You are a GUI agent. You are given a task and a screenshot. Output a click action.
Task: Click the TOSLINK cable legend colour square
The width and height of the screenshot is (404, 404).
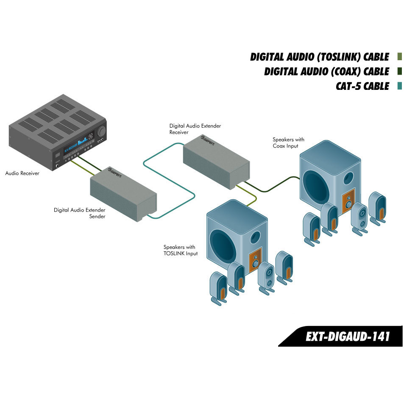[x=399, y=57]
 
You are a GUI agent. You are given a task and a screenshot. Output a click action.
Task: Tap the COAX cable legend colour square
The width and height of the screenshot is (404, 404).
[x=399, y=71]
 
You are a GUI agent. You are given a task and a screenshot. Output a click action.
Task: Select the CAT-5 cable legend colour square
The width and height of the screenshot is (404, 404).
[x=399, y=86]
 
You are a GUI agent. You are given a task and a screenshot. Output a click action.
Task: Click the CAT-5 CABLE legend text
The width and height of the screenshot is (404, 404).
[x=362, y=86]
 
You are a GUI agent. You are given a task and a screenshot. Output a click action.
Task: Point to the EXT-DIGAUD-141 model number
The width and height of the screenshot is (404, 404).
[x=348, y=337]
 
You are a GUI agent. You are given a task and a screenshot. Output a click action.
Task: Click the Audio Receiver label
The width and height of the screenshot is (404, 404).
[x=22, y=173]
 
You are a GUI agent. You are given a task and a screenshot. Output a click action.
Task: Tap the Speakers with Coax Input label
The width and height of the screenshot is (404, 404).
[x=288, y=142]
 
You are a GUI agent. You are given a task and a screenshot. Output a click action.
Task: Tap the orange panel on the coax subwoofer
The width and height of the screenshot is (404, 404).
[x=348, y=202]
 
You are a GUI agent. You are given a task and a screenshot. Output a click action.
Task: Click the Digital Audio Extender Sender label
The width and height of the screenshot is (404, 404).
[x=79, y=213]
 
